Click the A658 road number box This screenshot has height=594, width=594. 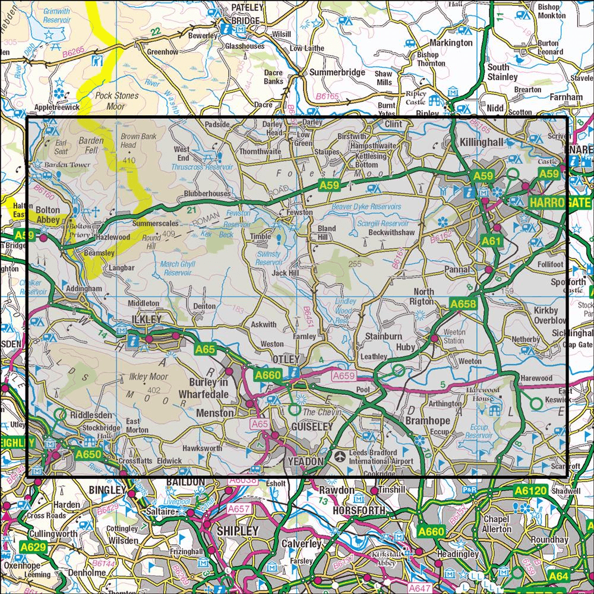point(463,304)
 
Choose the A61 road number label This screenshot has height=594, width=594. point(492,241)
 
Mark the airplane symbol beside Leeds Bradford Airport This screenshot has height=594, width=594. point(339,457)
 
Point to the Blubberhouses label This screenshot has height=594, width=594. point(207,194)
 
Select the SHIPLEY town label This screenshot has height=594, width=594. point(238,530)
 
